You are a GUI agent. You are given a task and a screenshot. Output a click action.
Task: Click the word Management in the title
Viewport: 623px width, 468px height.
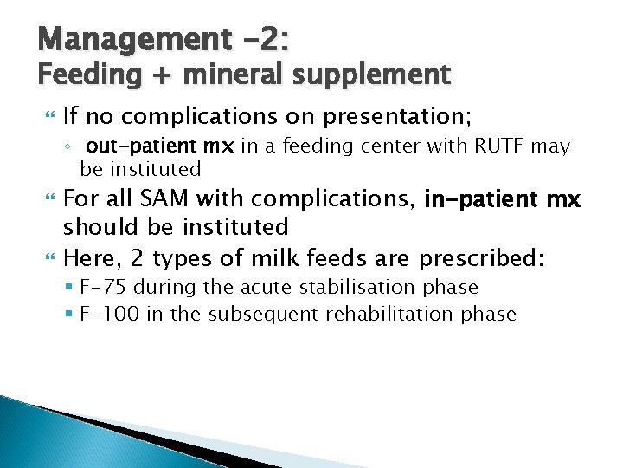[113, 39]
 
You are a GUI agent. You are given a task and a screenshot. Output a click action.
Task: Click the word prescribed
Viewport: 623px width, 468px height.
[480, 257]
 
